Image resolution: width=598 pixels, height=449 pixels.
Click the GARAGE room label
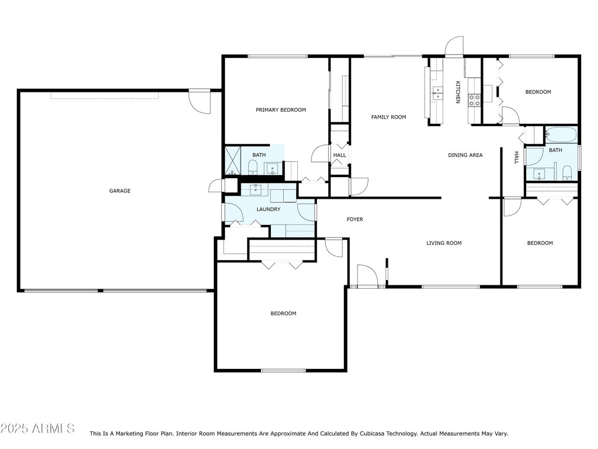119,191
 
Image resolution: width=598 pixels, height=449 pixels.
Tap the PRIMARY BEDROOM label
280,110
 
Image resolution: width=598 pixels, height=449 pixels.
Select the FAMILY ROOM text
388,118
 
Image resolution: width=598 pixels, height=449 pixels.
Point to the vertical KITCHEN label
458,92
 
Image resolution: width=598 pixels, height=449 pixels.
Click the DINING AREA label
465,156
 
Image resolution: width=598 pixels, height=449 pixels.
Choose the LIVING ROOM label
444,243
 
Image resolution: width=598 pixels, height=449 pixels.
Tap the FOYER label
354,220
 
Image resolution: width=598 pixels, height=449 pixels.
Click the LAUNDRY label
268,209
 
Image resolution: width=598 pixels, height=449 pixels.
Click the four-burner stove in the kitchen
474,100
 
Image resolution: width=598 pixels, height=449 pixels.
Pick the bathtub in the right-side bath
561,135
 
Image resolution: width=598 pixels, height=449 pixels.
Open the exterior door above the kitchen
454,47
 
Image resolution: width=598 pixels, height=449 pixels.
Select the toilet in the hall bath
566,172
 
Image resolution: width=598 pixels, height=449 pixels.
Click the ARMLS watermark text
37,429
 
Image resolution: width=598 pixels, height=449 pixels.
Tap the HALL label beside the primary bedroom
339,156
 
